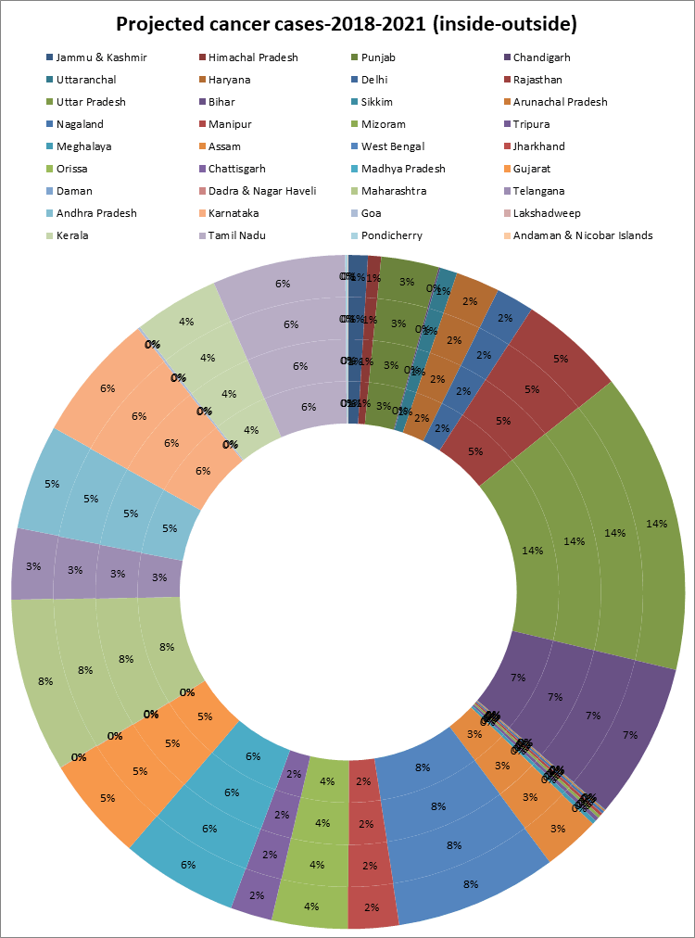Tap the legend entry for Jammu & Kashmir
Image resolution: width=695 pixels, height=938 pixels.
(101, 57)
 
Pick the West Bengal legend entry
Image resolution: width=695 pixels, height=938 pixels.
(393, 146)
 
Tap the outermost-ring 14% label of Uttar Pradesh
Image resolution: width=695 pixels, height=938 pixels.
(657, 524)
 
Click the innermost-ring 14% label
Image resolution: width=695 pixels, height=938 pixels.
(532, 550)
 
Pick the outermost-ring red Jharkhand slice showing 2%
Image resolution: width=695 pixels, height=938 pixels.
(373, 908)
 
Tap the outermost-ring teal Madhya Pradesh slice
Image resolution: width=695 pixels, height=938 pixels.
(188, 866)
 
